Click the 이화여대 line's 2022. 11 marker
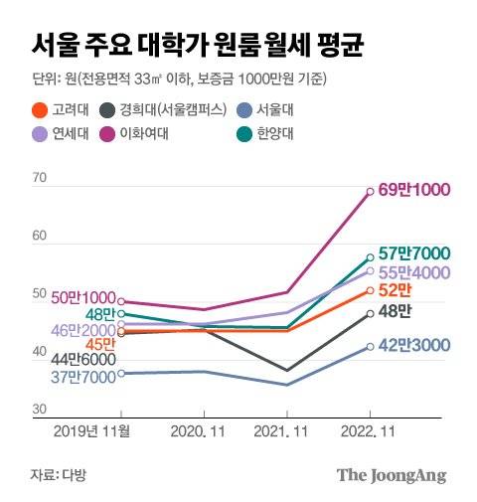(x=371, y=191)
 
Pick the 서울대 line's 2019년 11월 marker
(x=120, y=374)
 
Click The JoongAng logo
(x=391, y=475)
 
